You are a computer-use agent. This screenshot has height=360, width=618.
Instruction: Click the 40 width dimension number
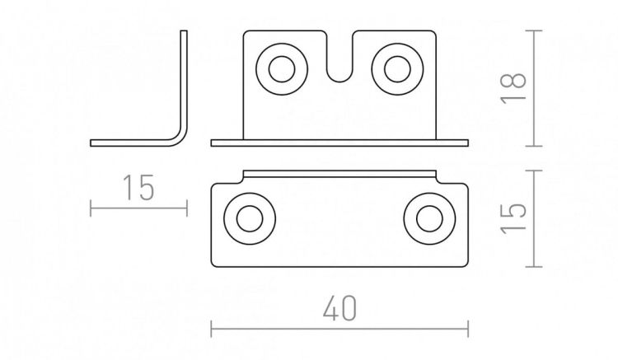coord(339,308)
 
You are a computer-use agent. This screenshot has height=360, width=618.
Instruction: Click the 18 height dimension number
coord(513,88)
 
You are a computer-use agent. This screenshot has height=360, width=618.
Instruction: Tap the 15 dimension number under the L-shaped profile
coord(138,188)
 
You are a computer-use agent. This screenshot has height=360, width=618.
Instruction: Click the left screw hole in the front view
coord(282,69)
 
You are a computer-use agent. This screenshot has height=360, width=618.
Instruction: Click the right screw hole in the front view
coord(397,69)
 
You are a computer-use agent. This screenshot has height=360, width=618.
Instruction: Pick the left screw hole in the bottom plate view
coord(250,218)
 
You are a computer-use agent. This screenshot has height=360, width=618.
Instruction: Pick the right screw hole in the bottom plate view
coord(429,218)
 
